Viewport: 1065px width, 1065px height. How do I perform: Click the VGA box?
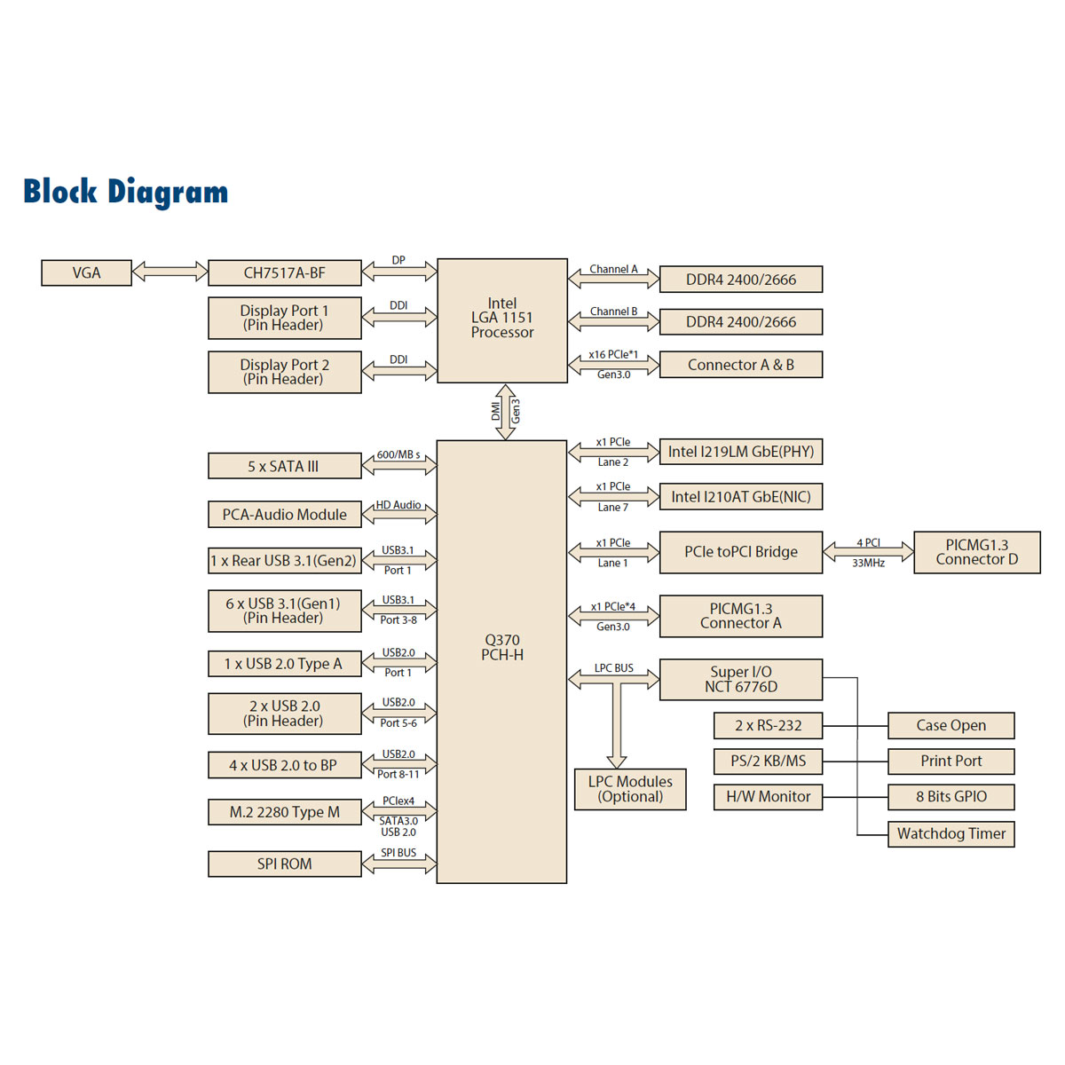coord(86,272)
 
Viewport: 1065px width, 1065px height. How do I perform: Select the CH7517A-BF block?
coord(284,272)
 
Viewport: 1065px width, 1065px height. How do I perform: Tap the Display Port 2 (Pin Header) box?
coord(284,372)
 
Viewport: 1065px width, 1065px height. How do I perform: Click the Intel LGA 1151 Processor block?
coord(502,320)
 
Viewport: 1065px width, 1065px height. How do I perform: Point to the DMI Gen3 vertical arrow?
coord(505,412)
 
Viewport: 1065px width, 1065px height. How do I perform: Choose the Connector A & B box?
coord(740,365)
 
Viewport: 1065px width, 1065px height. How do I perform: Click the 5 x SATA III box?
coord(284,466)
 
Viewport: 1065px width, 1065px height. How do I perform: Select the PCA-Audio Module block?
coord(284,515)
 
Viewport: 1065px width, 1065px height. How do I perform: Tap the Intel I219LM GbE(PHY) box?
coord(740,452)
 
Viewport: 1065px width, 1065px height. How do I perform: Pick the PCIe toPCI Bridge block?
coord(740,552)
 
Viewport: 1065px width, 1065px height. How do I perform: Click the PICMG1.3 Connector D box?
coord(976,552)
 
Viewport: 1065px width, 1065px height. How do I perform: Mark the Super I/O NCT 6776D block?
coord(740,679)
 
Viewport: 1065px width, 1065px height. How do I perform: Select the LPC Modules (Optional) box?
coord(630,789)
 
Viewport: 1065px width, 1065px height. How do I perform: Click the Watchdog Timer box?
coord(951,833)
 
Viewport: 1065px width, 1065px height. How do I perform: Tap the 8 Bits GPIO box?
coord(951,797)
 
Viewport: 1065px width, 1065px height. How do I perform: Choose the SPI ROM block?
coord(284,864)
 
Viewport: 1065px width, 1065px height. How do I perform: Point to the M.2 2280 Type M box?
coord(284,812)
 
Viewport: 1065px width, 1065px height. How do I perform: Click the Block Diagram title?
coord(125,192)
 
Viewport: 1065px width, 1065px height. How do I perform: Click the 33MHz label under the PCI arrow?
coord(868,564)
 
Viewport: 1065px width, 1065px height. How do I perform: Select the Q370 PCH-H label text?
coord(502,647)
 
